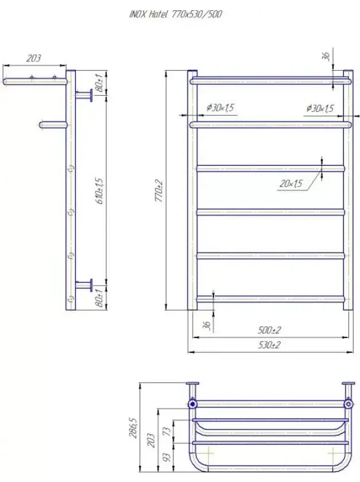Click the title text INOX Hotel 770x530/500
coord(176,14)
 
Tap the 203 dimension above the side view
coord(33,58)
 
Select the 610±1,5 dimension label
coord(100,191)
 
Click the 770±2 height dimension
coord(160,191)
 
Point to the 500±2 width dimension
coord(269,330)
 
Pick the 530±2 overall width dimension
coord(269,345)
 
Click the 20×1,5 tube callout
coord(291,184)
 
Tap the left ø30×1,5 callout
coord(220,108)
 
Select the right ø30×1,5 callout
coord(320,108)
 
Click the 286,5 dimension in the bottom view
coord(134,427)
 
